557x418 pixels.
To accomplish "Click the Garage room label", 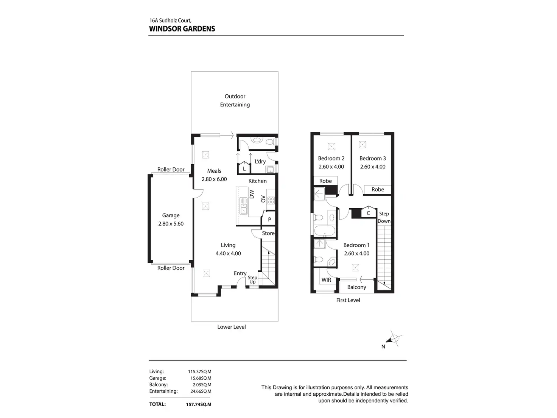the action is pos(171,215).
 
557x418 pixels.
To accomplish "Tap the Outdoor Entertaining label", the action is pos(235,100).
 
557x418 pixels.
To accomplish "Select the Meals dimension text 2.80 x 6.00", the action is pos(214,179).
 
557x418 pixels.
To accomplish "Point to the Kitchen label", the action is pos(257,181).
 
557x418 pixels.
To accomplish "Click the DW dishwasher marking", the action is pos(252,194).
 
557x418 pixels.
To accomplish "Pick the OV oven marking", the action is pos(263,199).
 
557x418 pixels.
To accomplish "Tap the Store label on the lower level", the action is pos(268,233).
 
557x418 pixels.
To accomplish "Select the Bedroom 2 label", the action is pos(331,158).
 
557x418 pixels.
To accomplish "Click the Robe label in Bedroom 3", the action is pos(378,189).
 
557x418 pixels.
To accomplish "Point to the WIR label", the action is pos(326,280).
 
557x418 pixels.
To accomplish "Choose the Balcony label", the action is pos(356,287).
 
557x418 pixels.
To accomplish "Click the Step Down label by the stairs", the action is pos(384,217).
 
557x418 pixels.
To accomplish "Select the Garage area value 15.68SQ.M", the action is pos(201,378).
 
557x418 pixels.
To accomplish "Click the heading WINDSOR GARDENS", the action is pos(182,29).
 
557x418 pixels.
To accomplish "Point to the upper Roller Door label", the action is pos(171,169).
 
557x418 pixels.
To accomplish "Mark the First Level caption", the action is pos(348,300).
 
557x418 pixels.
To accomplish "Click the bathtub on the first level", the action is pos(325,231).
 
